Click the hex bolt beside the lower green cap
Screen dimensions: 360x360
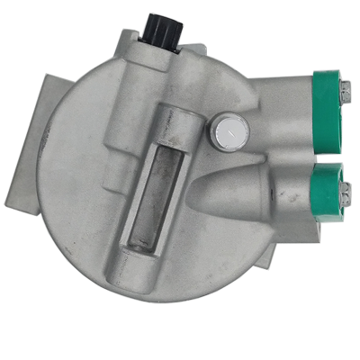pos(345,190)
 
